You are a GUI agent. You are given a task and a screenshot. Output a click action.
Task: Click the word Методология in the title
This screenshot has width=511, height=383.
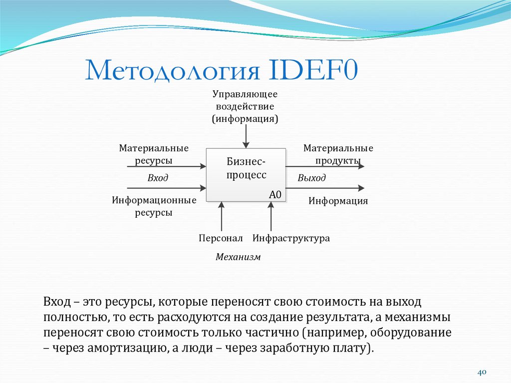pos(173,70)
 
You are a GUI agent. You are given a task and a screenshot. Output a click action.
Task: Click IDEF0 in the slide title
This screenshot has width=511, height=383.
pos(313,70)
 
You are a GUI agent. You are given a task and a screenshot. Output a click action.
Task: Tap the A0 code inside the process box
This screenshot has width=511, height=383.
pos(275,195)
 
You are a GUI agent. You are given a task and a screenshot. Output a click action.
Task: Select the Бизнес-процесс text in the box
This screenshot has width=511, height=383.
pos(246,168)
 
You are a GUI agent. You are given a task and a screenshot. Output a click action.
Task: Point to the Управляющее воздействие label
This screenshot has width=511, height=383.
pos(245,106)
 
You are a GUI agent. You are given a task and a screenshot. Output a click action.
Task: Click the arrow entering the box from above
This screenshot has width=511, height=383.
pos(245,136)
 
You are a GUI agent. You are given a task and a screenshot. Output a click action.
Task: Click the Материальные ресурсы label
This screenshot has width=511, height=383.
pos(154,154)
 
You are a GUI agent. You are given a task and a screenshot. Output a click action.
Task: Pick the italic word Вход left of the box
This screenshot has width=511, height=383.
pos(158,178)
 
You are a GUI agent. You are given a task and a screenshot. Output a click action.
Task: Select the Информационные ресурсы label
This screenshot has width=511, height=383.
pos(154,206)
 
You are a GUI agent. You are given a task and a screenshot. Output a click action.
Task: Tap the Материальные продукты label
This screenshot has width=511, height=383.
pos(338,154)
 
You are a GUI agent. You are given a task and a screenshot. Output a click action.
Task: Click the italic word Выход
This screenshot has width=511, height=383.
pos(311,178)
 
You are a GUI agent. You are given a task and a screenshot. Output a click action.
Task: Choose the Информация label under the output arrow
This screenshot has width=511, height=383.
pos(338,201)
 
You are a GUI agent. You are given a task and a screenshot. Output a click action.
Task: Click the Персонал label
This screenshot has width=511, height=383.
pos(220,238)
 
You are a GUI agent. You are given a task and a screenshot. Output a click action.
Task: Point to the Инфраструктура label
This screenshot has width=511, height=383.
pos(291,238)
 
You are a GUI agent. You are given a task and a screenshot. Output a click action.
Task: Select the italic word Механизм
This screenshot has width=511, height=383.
pos(238,257)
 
